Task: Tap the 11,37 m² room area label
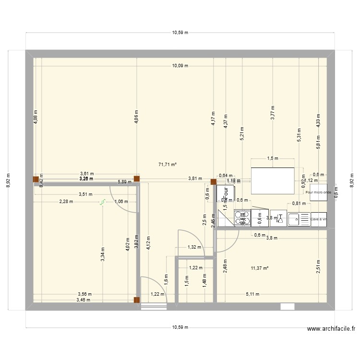tap(259, 268)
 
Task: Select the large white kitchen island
tap(273, 179)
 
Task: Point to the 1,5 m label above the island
tap(273, 158)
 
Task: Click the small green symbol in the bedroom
tap(102, 204)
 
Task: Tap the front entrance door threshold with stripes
tap(154, 307)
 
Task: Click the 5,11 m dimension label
tap(253, 294)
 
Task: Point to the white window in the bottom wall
tap(288, 307)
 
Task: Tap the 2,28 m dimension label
tap(66, 202)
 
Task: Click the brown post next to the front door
tap(137, 301)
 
